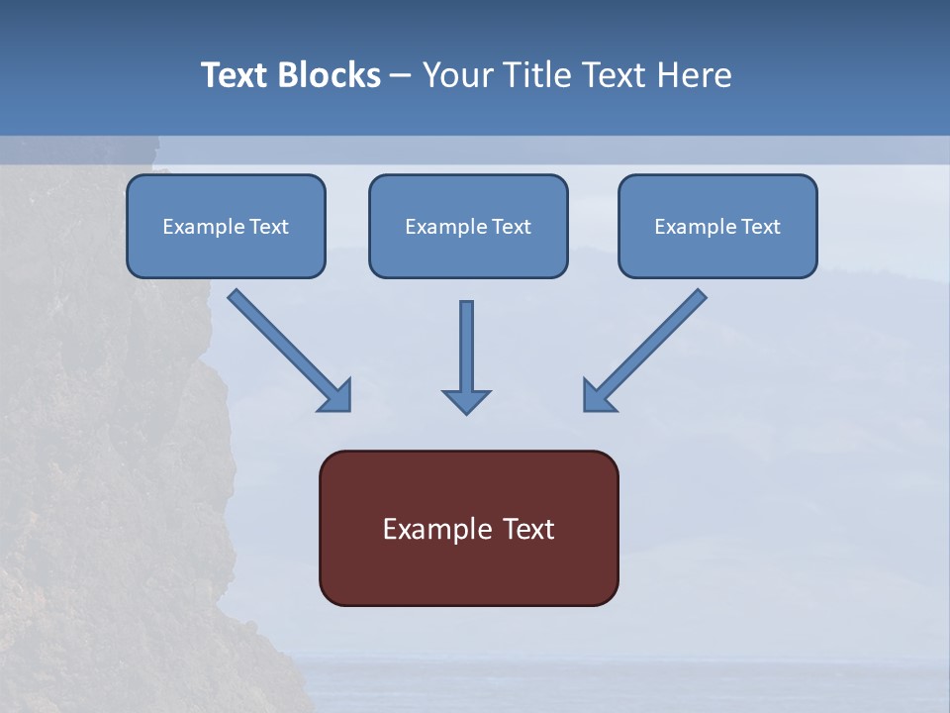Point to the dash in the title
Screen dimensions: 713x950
click(x=401, y=75)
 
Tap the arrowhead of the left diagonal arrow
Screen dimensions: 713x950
click(x=336, y=396)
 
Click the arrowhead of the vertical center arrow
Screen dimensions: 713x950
click(x=466, y=401)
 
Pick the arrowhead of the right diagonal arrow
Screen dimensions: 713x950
click(x=598, y=396)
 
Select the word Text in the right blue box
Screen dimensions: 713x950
click(x=760, y=227)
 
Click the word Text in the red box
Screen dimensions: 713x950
click(x=528, y=530)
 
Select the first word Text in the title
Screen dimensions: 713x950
click(x=237, y=75)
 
